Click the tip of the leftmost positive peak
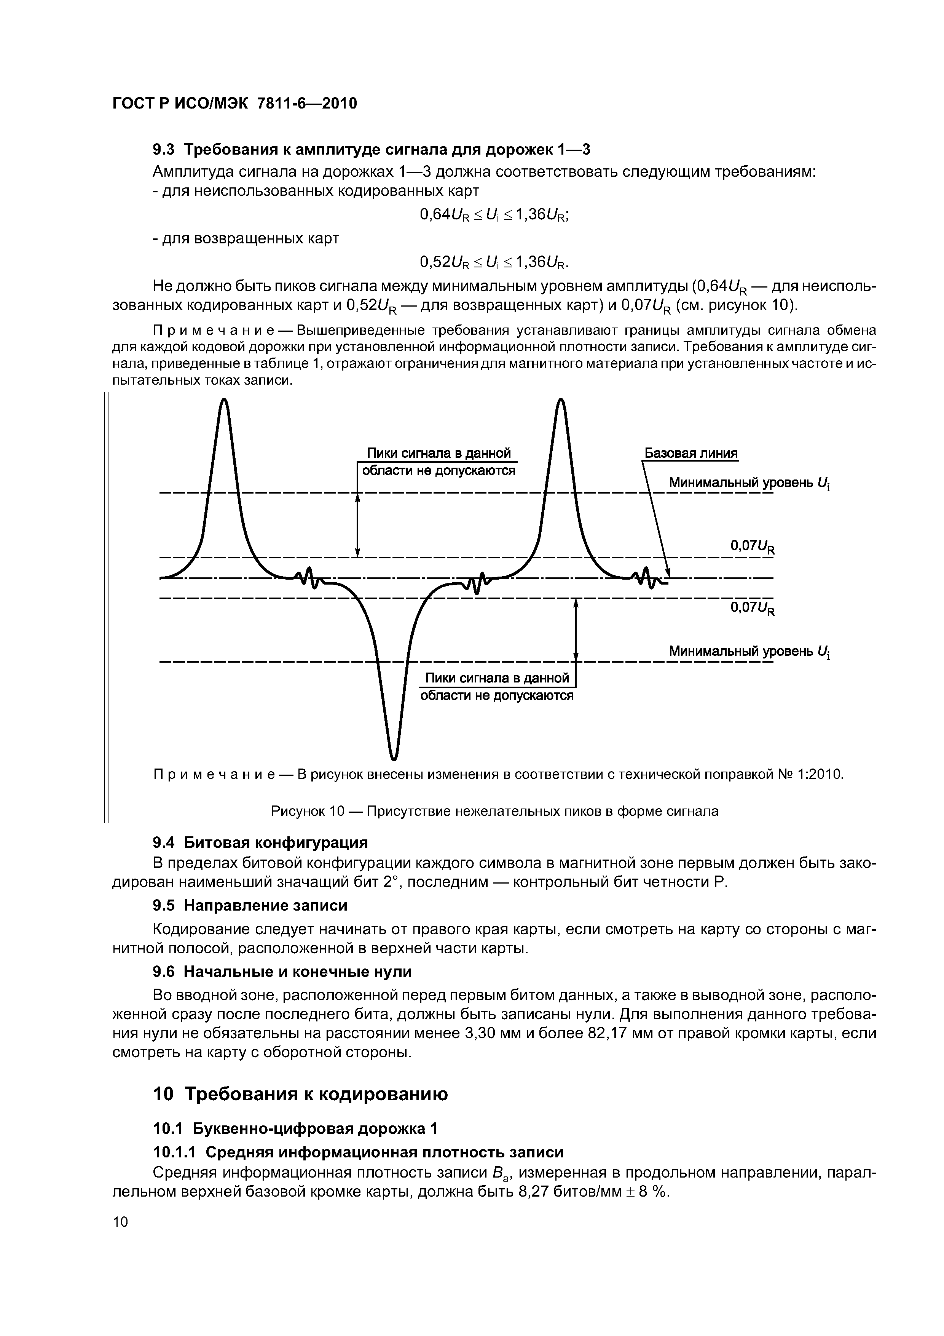[x=224, y=400]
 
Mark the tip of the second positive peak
[x=560, y=400]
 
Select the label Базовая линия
[x=690, y=453]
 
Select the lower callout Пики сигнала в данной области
[x=497, y=687]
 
